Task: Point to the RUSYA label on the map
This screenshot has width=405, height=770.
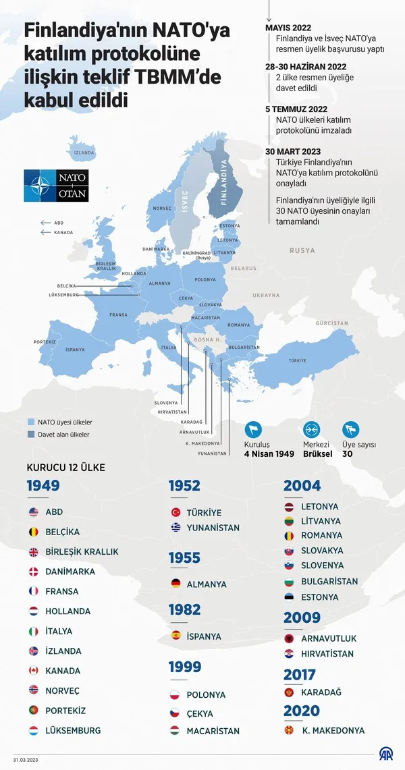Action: pyautogui.click(x=302, y=250)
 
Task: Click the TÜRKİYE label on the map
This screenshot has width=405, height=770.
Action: pyautogui.click(x=298, y=360)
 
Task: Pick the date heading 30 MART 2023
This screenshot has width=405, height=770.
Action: pyautogui.click(x=293, y=151)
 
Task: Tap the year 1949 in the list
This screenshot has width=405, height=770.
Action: pyautogui.click(x=43, y=486)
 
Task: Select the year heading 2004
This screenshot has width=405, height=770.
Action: pyautogui.click(x=302, y=486)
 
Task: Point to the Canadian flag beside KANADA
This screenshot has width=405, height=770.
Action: pyautogui.click(x=34, y=671)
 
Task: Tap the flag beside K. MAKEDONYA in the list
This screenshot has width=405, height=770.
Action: pyautogui.click(x=290, y=730)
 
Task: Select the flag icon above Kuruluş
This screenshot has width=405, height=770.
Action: pyautogui.click(x=253, y=429)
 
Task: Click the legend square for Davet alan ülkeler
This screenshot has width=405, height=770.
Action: pyautogui.click(x=31, y=435)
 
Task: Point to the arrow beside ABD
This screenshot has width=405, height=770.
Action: pyautogui.click(x=46, y=223)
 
